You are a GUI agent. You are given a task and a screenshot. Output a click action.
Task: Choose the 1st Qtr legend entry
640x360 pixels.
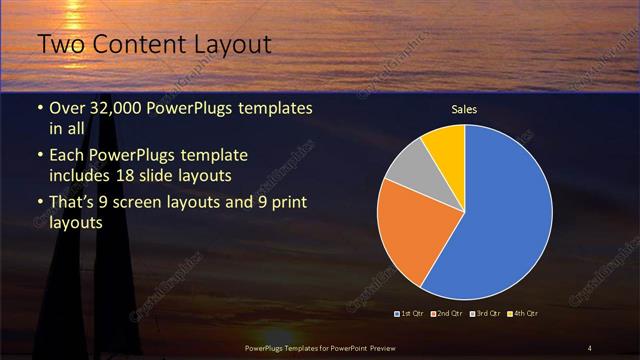pyautogui.click(x=411, y=314)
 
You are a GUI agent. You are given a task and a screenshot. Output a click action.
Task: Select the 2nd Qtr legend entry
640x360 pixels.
pyautogui.click(x=447, y=314)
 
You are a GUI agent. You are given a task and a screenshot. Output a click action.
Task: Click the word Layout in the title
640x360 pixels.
pyautogui.click(x=226, y=45)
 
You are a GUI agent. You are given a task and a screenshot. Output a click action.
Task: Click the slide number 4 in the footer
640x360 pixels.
pyautogui.click(x=589, y=347)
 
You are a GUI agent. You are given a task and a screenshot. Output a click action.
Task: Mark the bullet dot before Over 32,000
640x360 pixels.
pyautogui.click(x=39, y=108)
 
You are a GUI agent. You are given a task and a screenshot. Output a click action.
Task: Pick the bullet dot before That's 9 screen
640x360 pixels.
pyautogui.click(x=39, y=205)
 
